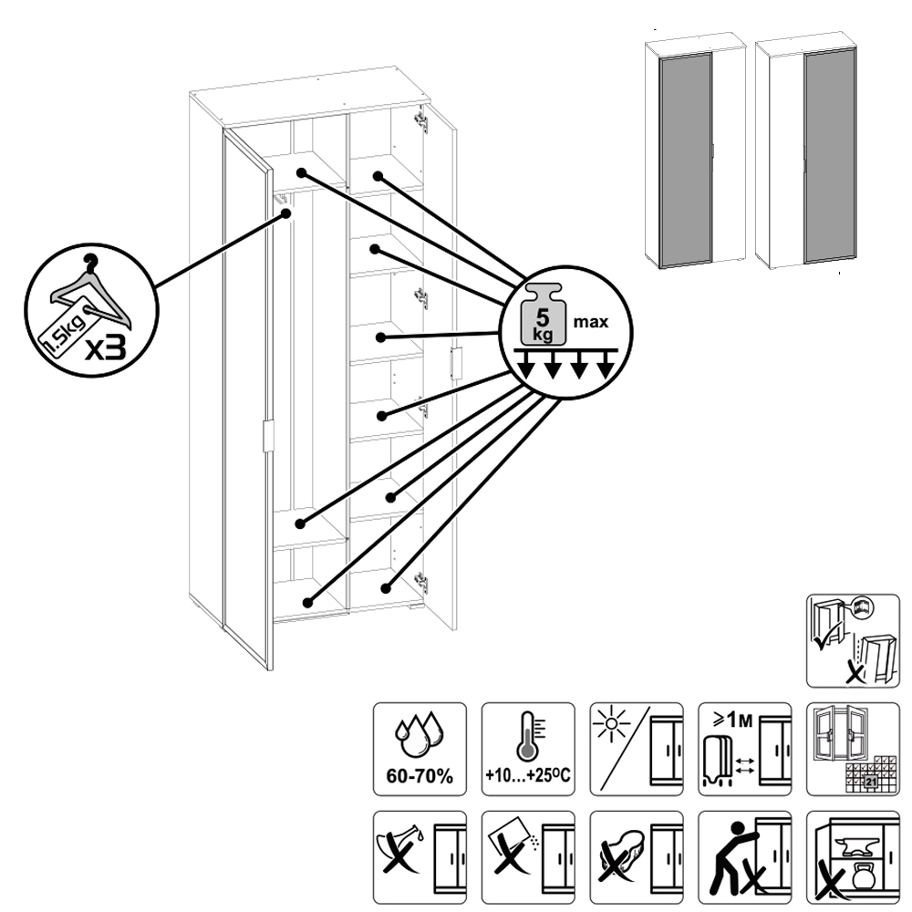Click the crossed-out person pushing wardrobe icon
point(743,855)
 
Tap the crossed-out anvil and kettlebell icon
point(853,855)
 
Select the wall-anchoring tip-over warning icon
point(853,640)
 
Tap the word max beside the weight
point(590,322)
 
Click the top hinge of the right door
point(420,120)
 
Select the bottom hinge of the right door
point(420,581)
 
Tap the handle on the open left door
point(267,436)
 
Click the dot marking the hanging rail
point(286,213)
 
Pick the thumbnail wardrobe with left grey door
point(695,153)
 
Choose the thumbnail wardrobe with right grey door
point(808,153)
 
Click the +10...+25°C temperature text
point(528,776)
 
